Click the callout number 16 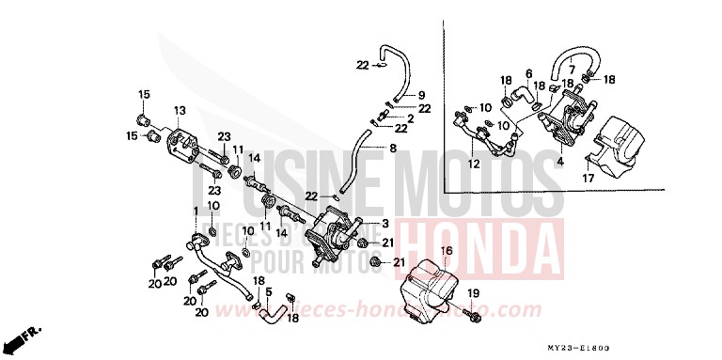tap(447, 251)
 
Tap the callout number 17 tap(588, 178)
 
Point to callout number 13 tap(178, 111)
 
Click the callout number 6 tap(528, 73)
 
